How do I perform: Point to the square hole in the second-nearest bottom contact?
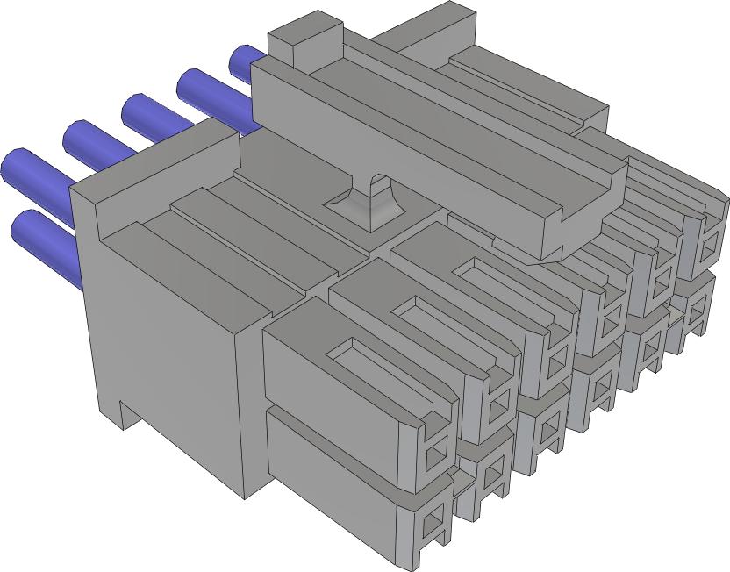coord(492,475)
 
